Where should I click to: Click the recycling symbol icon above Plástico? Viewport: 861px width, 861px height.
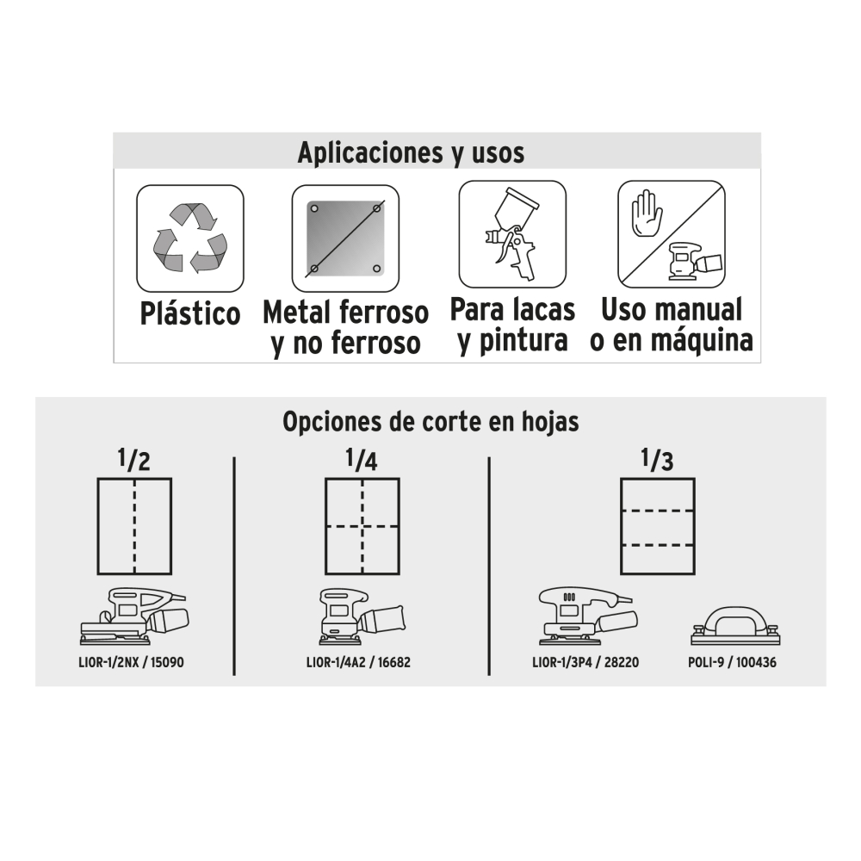pyautogui.click(x=190, y=238)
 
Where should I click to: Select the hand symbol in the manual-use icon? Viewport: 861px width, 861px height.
pyautogui.click(x=647, y=214)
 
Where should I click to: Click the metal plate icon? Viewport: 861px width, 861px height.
pyautogui.click(x=345, y=238)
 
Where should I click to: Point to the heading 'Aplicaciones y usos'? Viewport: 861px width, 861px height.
pyautogui.click(x=411, y=152)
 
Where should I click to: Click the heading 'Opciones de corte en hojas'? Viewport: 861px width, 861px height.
pyautogui.click(x=430, y=422)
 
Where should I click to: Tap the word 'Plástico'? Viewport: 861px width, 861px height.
pyautogui.click(x=190, y=313)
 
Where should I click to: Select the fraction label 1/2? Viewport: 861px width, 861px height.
pyautogui.click(x=134, y=460)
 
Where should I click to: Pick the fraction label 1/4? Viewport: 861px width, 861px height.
pyautogui.click(x=362, y=460)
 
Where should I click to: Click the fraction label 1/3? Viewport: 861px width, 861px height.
pyautogui.click(x=657, y=460)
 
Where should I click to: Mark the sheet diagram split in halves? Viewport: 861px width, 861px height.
pyautogui.click(x=134, y=526)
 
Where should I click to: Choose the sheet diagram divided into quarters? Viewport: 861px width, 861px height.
pyautogui.click(x=362, y=526)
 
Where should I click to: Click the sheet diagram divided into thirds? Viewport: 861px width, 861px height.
pyautogui.click(x=658, y=526)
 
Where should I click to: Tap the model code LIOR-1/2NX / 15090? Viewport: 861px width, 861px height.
pyautogui.click(x=131, y=662)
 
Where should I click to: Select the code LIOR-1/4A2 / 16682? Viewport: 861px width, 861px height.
pyautogui.click(x=358, y=662)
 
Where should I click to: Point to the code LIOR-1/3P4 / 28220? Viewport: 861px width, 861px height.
pyautogui.click(x=585, y=662)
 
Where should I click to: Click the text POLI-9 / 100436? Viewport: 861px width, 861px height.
pyautogui.click(x=732, y=662)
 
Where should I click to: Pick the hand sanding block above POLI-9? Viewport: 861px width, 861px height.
pyautogui.click(x=735, y=625)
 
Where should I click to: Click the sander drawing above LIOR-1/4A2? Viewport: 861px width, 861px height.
pyautogui.click(x=362, y=616)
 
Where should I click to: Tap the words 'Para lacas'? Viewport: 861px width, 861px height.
pyautogui.click(x=512, y=310)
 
